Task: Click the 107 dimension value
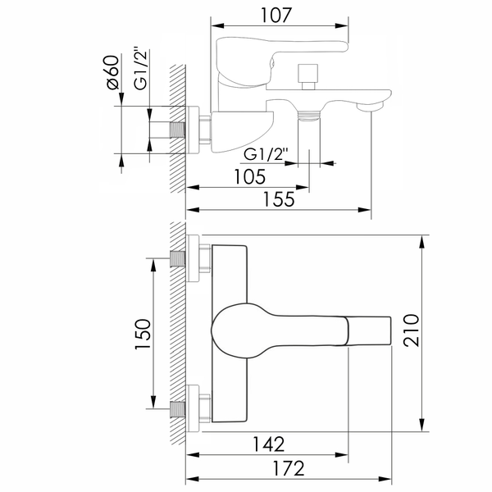click(276, 15)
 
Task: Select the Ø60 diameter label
click(113, 72)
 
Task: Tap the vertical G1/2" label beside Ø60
click(140, 69)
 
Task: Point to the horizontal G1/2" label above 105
click(266, 155)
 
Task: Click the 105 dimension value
click(250, 176)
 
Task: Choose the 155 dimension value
click(279, 199)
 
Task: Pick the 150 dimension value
click(143, 334)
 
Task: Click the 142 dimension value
click(269, 444)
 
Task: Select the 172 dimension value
click(289, 469)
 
